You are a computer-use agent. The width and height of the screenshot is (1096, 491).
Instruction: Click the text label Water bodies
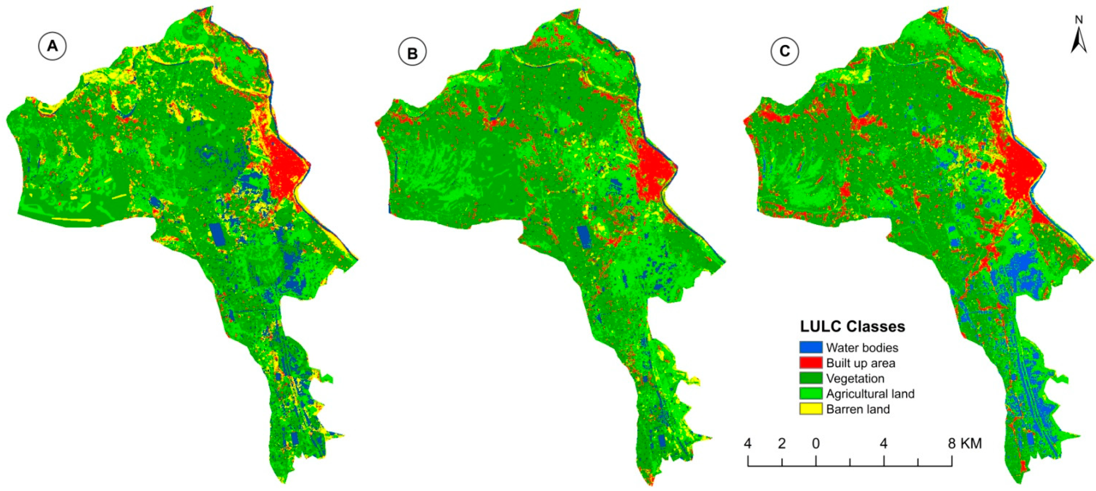click(x=862, y=348)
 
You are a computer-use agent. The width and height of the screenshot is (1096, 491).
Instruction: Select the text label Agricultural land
click(x=870, y=394)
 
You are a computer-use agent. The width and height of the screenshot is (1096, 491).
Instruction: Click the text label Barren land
click(x=858, y=409)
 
